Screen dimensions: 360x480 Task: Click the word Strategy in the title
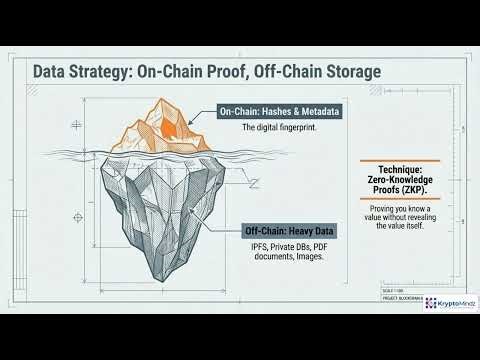click(112, 72)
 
